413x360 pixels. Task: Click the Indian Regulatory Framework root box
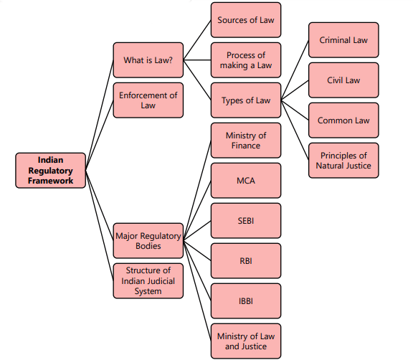point(51,171)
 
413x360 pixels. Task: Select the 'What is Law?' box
point(148,61)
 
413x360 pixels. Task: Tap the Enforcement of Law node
point(148,100)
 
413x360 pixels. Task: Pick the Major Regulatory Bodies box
point(148,241)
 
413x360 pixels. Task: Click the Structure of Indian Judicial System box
point(148,281)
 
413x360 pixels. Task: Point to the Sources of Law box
point(246,20)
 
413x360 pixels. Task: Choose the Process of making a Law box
point(246,60)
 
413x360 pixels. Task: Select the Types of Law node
point(246,100)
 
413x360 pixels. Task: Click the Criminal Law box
point(344,40)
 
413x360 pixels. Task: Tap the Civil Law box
point(344,80)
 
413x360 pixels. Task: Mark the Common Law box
point(344,120)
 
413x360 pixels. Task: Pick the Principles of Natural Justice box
point(344,161)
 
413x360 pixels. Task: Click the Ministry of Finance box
point(246,141)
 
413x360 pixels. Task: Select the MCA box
point(246,181)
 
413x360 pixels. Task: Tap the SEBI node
point(246,221)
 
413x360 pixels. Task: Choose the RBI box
point(246,261)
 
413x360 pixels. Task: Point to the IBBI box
point(246,301)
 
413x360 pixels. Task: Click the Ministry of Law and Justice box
point(246,341)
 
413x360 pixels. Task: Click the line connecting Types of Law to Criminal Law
point(295,70)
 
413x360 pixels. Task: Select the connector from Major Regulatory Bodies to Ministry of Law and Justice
point(196,291)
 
